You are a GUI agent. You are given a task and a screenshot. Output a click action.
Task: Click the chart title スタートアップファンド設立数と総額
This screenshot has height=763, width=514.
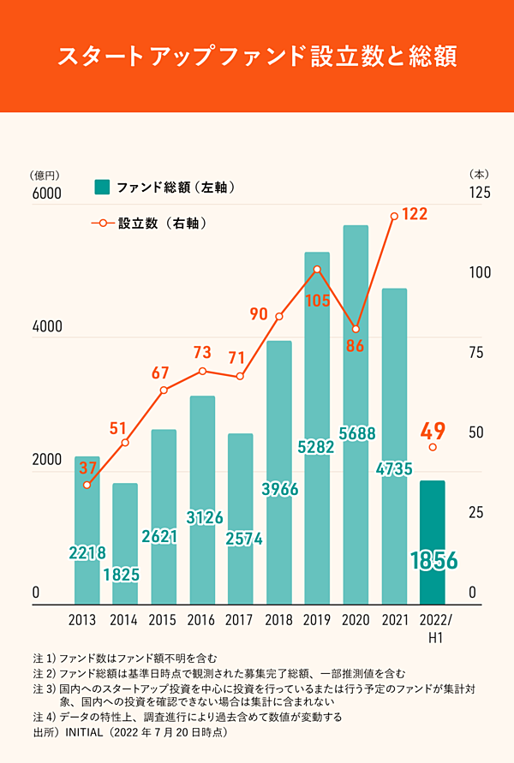pyautogui.click(x=257, y=57)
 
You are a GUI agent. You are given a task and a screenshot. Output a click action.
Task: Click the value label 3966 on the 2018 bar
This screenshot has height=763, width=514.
pyautogui.click(x=279, y=490)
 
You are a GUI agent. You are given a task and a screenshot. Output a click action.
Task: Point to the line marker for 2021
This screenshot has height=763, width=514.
pyautogui.click(x=394, y=216)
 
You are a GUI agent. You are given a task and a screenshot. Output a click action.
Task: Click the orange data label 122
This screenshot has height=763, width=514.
pyautogui.click(x=415, y=214)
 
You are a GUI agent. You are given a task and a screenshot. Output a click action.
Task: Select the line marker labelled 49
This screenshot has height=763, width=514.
pyautogui.click(x=433, y=447)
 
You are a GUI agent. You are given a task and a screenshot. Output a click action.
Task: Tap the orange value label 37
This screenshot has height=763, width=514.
pyautogui.click(x=87, y=468)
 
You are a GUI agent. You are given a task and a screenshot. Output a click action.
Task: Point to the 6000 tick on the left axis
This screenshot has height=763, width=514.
pyautogui.click(x=47, y=194)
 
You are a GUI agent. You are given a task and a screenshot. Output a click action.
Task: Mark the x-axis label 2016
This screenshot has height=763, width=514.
pyautogui.click(x=202, y=620)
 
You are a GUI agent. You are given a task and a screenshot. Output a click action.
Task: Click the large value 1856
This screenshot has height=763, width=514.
pyautogui.click(x=433, y=561)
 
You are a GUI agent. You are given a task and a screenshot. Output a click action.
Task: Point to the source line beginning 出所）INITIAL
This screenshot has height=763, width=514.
pyautogui.click(x=128, y=734)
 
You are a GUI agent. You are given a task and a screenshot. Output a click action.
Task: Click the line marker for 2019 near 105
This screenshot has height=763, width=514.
pyautogui.click(x=317, y=270)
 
